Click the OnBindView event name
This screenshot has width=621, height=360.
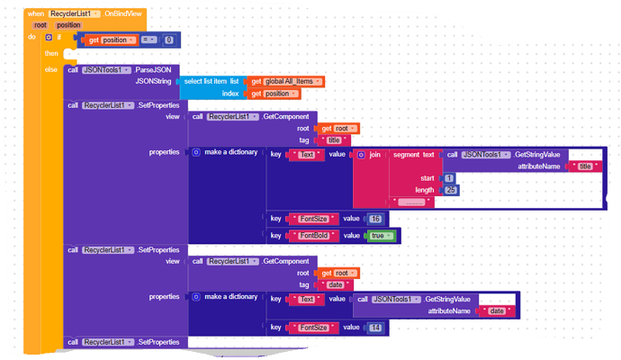pos(121,14)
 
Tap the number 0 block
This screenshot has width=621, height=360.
pos(168,40)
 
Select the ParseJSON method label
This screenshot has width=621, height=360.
pos(156,69)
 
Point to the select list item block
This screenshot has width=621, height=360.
pos(208,81)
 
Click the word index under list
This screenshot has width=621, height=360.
pos(230,93)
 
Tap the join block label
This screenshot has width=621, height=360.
pos(374,155)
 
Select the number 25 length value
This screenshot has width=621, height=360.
pos(451,189)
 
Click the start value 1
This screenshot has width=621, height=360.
pos(448,178)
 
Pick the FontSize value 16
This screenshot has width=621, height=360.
pos(376,219)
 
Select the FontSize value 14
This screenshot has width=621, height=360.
pos(376,328)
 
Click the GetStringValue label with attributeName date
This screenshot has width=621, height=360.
pos(449,298)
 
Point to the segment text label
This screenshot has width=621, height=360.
pos(414,155)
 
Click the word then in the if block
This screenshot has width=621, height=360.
pos(51,53)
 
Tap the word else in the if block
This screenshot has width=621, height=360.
pos(50,69)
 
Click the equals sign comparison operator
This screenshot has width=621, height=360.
pos(147,40)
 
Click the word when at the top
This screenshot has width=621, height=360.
pos(36,14)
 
